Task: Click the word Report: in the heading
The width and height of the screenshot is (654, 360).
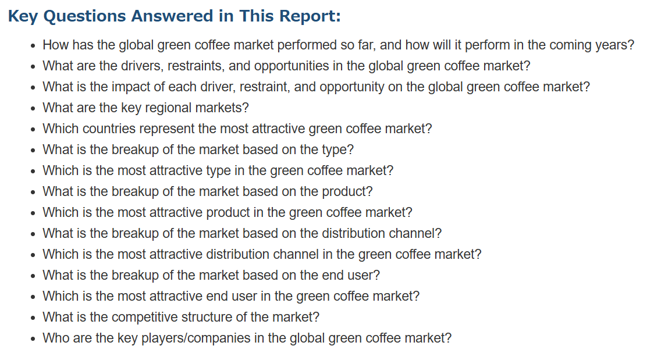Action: point(310,17)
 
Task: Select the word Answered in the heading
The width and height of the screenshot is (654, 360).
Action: point(172,16)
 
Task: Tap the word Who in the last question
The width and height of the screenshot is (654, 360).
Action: point(55,337)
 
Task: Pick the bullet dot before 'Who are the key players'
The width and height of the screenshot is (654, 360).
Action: point(33,339)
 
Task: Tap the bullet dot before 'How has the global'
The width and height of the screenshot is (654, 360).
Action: point(33,47)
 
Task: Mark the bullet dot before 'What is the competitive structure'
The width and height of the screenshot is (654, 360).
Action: point(33,318)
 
